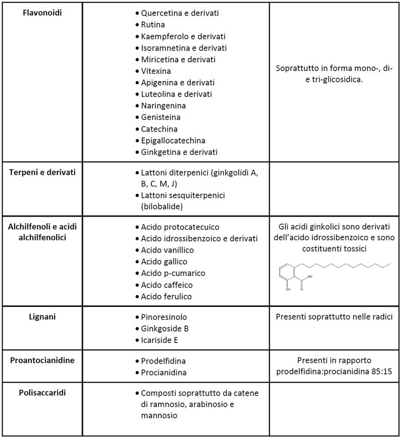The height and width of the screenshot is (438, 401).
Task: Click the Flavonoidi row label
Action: point(41,13)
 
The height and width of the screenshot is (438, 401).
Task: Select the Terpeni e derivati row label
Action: point(42,172)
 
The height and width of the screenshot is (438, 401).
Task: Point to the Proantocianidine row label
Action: point(42,360)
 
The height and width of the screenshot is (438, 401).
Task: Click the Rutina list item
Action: point(152,25)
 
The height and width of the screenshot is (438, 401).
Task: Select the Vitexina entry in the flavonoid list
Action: point(155,71)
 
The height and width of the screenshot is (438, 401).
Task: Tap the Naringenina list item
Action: point(163,106)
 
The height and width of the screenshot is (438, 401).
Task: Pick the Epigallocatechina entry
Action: point(173,140)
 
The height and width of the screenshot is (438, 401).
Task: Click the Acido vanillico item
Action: point(167,250)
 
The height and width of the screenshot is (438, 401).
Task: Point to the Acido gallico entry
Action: point(164,262)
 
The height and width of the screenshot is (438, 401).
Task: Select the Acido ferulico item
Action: point(166,297)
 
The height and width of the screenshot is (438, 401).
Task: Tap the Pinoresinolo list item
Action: point(164,317)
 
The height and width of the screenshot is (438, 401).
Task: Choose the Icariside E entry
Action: point(160,340)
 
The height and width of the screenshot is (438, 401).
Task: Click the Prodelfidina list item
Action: point(163,361)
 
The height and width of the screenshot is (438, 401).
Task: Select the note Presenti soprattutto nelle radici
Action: point(334,317)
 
